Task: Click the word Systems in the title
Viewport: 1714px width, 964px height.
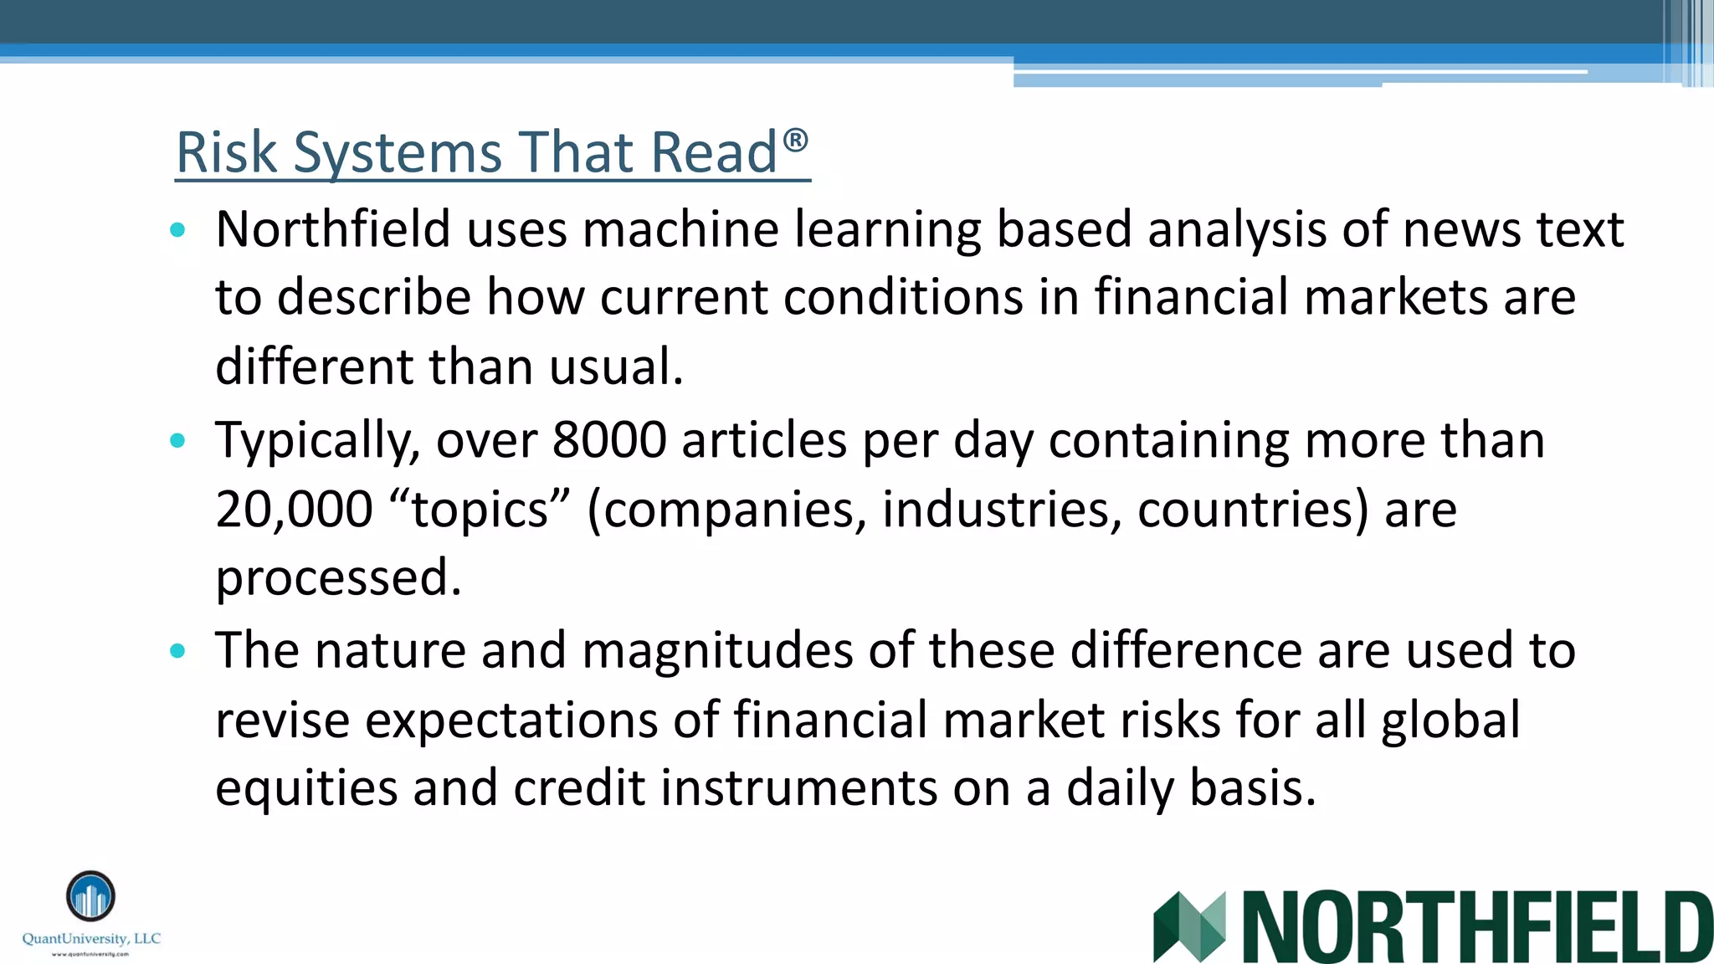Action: (398, 153)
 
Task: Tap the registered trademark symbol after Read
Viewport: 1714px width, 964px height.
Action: (796, 140)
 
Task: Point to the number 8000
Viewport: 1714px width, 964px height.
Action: (609, 440)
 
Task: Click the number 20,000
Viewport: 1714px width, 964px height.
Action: (294, 509)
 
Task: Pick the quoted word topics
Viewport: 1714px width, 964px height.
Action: (480, 509)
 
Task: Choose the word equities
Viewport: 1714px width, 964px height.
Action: (305, 789)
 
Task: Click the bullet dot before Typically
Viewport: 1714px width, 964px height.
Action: (177, 441)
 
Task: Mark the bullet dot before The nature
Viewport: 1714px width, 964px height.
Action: (177, 651)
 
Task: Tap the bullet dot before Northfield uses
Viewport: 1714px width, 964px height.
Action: (177, 230)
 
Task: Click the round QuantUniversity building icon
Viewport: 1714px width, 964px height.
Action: (90, 895)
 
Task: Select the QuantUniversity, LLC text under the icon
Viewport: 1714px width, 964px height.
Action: (91, 939)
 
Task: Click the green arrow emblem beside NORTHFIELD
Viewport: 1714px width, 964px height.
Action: (1188, 926)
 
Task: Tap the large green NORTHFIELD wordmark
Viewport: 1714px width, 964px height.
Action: (1477, 926)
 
